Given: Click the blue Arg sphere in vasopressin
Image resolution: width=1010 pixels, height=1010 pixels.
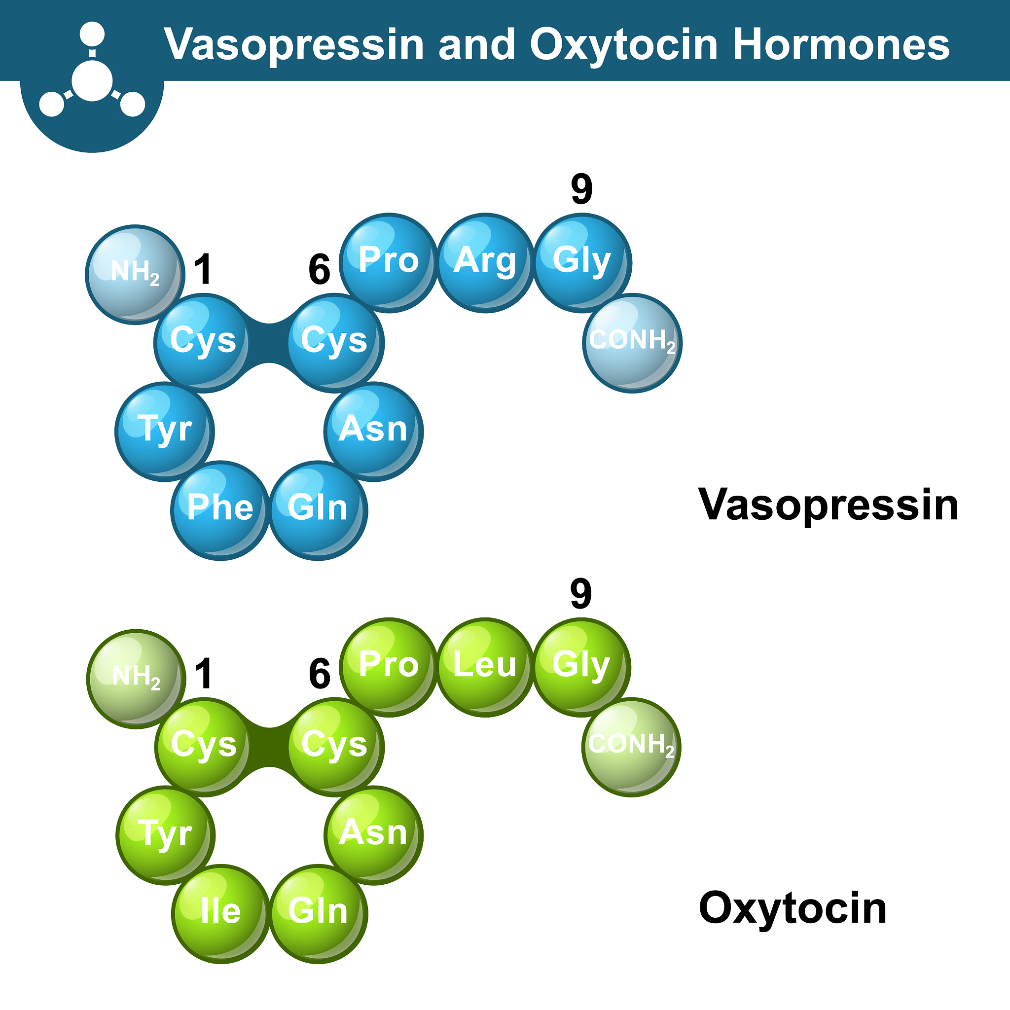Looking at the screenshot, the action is [x=485, y=263].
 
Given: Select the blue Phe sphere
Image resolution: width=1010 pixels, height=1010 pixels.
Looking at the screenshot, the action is [x=220, y=511].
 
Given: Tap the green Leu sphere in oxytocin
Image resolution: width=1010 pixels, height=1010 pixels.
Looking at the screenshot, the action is [x=485, y=668].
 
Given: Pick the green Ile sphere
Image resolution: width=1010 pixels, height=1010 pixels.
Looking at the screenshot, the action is [x=220, y=914].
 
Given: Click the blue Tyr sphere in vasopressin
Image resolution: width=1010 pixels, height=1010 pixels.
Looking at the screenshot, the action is [x=165, y=432].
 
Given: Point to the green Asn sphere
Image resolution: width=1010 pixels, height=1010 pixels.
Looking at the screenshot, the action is [x=374, y=835].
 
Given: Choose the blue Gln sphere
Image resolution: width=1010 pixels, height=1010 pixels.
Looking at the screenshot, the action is [x=319, y=511].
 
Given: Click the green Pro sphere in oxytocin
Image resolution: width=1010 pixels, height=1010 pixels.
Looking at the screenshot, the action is [x=389, y=668].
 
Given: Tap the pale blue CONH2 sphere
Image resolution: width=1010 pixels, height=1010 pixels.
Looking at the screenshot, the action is [x=633, y=343].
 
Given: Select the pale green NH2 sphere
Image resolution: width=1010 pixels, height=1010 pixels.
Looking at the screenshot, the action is [x=136, y=679].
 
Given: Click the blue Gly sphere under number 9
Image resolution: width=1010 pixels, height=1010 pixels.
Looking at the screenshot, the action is [x=582, y=263].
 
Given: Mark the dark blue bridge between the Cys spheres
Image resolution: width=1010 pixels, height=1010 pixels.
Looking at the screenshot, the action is [x=269, y=343].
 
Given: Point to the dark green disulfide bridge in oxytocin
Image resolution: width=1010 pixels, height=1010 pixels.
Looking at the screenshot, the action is [x=269, y=748].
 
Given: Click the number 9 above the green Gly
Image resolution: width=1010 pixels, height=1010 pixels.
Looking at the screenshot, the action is [x=581, y=593].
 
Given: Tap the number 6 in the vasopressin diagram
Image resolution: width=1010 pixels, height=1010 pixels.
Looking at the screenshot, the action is [x=320, y=269].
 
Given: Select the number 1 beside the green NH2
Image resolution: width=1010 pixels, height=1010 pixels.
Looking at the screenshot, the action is [x=204, y=673].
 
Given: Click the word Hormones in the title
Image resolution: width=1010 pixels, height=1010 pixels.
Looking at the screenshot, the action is [x=841, y=44].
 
